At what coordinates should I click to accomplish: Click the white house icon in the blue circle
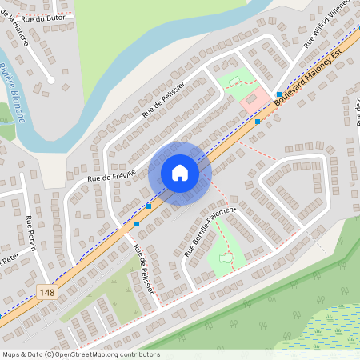[180, 173]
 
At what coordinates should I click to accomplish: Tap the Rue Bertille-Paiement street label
[211, 230]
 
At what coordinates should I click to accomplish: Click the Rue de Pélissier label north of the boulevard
[164, 100]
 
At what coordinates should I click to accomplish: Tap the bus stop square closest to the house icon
[149, 206]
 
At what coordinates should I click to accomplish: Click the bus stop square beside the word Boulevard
[278, 95]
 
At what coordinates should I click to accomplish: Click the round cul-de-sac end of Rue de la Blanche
[50, 79]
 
